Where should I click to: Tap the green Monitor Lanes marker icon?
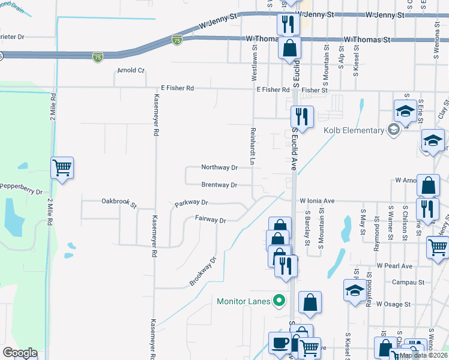[x=278, y=300]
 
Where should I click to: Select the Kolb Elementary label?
[x=354, y=130]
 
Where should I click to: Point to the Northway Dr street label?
[x=220, y=167]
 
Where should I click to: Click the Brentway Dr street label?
[x=219, y=185]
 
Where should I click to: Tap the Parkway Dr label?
[x=191, y=203]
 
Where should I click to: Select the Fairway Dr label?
[x=210, y=220]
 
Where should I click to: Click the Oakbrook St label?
[x=119, y=202]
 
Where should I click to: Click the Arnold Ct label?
[x=131, y=70]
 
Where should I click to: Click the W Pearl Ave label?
[x=394, y=266]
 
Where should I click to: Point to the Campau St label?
[x=408, y=281]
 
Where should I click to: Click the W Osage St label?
[x=394, y=304]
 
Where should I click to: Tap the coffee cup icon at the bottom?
[x=279, y=343]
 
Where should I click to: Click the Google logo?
[x=20, y=353]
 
